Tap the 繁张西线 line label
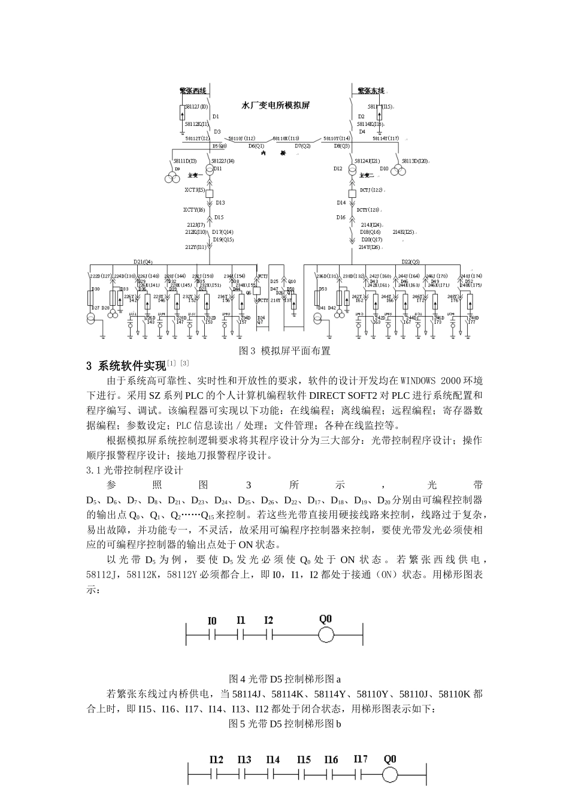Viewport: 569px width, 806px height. coord(193,91)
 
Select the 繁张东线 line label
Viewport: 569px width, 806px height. coord(371,91)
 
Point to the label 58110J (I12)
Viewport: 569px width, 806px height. coord(241,138)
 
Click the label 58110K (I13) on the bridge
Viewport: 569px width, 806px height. coord(286,138)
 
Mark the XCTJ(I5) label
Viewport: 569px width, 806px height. coord(195,190)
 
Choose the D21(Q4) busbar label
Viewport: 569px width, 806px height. coord(143,261)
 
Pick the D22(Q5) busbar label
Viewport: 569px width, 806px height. coord(410,261)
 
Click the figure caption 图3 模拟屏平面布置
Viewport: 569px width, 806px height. coord(284,351)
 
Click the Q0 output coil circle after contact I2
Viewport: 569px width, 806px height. coord(326,635)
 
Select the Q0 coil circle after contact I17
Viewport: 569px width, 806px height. coord(390,775)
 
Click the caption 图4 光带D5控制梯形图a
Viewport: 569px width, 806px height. coord(284,679)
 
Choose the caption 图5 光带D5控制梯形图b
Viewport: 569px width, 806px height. coord(284,724)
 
